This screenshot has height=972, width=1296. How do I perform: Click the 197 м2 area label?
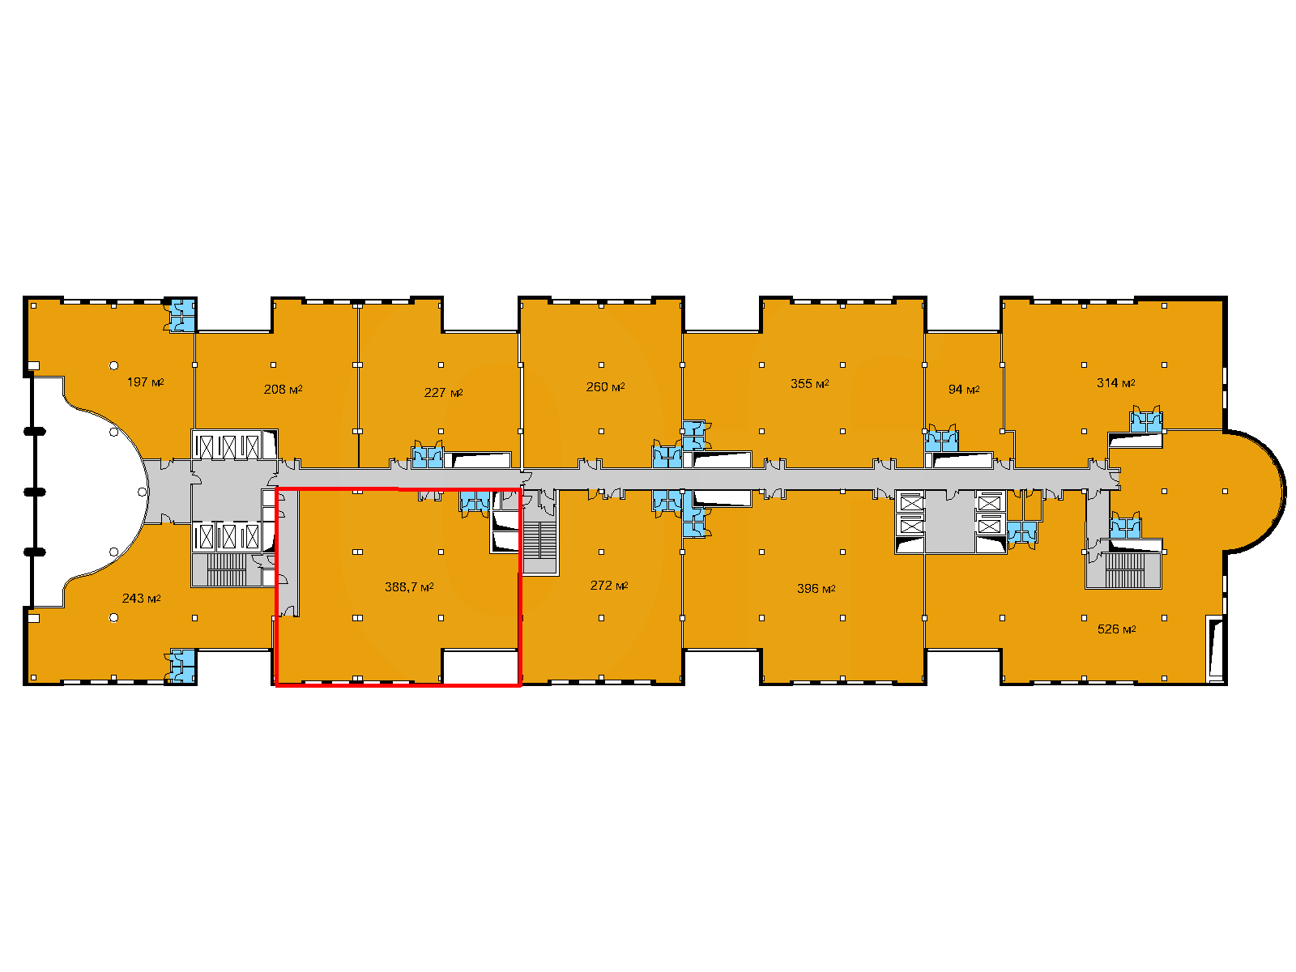[x=145, y=382]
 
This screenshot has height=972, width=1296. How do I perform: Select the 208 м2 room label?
[x=283, y=389]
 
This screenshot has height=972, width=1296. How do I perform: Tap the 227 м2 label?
[x=443, y=393]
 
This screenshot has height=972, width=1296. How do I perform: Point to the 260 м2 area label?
[x=605, y=386]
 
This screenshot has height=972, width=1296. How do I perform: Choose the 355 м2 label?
[x=809, y=384]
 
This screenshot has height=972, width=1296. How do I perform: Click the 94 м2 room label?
[x=964, y=389]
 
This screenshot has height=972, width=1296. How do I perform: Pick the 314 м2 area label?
[x=1116, y=382]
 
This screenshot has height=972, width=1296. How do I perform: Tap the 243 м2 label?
[x=141, y=598]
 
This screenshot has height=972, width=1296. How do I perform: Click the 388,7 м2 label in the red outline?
[x=409, y=586]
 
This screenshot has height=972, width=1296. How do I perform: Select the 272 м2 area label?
[x=609, y=585]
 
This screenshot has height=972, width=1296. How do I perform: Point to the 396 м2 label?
[x=816, y=588]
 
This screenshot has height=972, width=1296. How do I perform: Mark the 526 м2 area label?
[x=1116, y=629]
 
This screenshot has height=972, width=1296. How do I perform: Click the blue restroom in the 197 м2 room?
[x=182, y=316]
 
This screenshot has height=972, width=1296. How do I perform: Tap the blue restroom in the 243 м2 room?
[x=182, y=666]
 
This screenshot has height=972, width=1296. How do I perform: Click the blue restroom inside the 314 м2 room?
[x=1146, y=421]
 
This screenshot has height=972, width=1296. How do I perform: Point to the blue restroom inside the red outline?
[x=475, y=501]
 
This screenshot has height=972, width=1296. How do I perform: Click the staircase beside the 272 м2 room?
[x=539, y=539]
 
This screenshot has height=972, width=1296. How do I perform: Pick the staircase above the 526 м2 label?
[x=1125, y=569]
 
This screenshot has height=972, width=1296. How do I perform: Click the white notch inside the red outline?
[x=480, y=667]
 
